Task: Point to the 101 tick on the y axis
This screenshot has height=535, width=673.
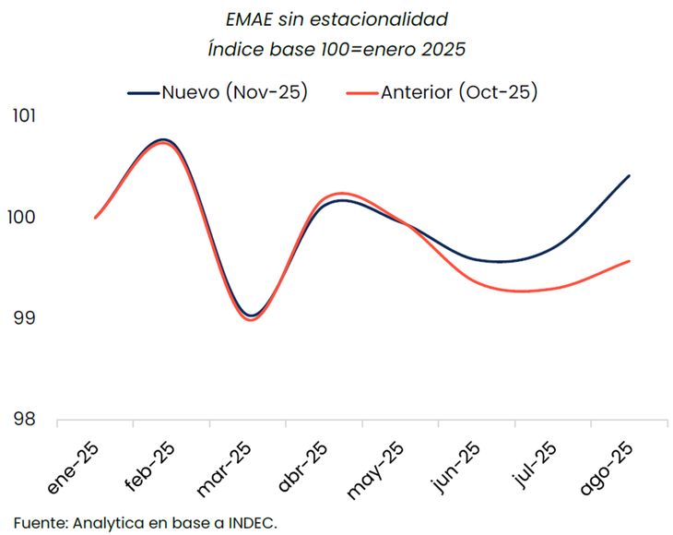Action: [22, 116]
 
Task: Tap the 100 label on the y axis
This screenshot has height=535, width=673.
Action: [22, 218]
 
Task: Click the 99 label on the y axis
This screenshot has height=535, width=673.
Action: [22, 318]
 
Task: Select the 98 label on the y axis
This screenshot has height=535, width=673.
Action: [22, 420]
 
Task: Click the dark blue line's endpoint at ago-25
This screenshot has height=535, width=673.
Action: [629, 175]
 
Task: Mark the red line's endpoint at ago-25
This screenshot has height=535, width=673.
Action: [629, 261]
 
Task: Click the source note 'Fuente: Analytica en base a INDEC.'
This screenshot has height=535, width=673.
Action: [146, 521]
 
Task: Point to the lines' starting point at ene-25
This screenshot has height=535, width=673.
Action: [95, 218]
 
